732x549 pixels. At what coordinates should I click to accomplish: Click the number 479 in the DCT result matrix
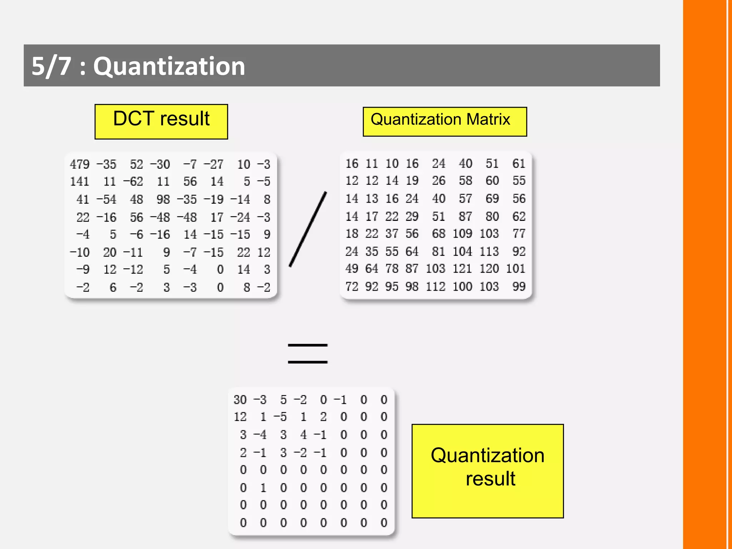[79, 164]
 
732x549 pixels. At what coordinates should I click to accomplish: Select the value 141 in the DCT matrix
[79, 182]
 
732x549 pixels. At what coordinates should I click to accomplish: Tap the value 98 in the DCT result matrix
[163, 199]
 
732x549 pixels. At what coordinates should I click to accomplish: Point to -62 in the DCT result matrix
[133, 182]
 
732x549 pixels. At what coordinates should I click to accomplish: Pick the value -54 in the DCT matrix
[107, 199]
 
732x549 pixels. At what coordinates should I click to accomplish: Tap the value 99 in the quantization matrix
[519, 286]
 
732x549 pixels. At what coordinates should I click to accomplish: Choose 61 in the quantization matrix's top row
[519, 164]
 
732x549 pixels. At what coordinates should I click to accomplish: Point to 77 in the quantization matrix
[519, 234]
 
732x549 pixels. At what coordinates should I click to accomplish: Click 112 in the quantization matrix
[435, 286]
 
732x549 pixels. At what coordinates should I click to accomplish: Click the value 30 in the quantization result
[240, 400]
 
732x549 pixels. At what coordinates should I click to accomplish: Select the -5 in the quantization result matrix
[280, 417]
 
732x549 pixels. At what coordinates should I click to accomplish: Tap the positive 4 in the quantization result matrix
[303, 435]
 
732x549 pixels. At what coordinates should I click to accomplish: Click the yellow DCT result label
[161, 122]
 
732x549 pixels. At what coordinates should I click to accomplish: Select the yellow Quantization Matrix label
[445, 122]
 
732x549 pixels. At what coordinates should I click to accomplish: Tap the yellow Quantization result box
[488, 471]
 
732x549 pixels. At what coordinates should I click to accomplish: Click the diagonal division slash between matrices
[308, 229]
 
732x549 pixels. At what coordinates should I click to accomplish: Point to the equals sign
[308, 353]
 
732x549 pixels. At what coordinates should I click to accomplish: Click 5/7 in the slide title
[51, 66]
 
